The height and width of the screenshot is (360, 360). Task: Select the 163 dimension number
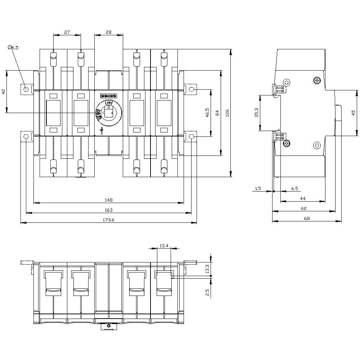108,210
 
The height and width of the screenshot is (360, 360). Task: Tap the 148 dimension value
108,200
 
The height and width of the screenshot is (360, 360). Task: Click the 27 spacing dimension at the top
67,32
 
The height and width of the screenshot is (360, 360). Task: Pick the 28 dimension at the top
109,32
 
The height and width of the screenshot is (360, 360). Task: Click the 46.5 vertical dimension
207,113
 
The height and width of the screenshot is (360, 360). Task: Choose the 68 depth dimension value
307,218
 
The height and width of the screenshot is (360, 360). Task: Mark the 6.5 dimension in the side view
294,188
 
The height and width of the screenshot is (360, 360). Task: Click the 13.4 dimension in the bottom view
164,246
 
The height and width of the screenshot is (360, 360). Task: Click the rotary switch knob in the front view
108,113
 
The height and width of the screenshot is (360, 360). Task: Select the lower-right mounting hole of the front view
191,136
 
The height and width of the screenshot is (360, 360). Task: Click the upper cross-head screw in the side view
317,81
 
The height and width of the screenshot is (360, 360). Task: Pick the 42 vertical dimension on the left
4,92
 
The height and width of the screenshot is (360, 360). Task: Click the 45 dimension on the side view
354,113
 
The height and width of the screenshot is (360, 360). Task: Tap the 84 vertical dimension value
217,113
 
